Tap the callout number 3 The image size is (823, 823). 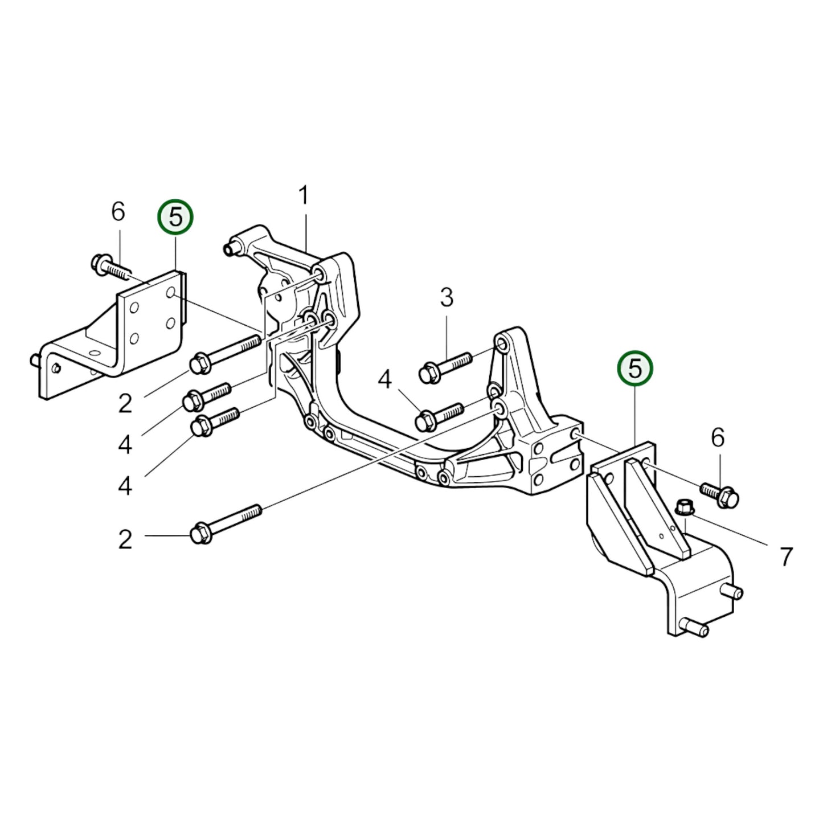[447, 297]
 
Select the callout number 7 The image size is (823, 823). [786, 556]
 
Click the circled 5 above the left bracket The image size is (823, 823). [175, 217]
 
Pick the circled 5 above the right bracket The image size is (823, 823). [635, 368]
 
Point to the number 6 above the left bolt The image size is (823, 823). [118, 212]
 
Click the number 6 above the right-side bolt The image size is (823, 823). [718, 437]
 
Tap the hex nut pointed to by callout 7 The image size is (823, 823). [683, 506]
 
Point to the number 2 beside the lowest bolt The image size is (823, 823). [125, 539]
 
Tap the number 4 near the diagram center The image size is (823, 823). [385, 379]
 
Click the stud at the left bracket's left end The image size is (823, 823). [35, 360]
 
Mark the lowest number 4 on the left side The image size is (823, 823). [125, 486]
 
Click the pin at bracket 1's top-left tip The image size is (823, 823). [230, 248]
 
